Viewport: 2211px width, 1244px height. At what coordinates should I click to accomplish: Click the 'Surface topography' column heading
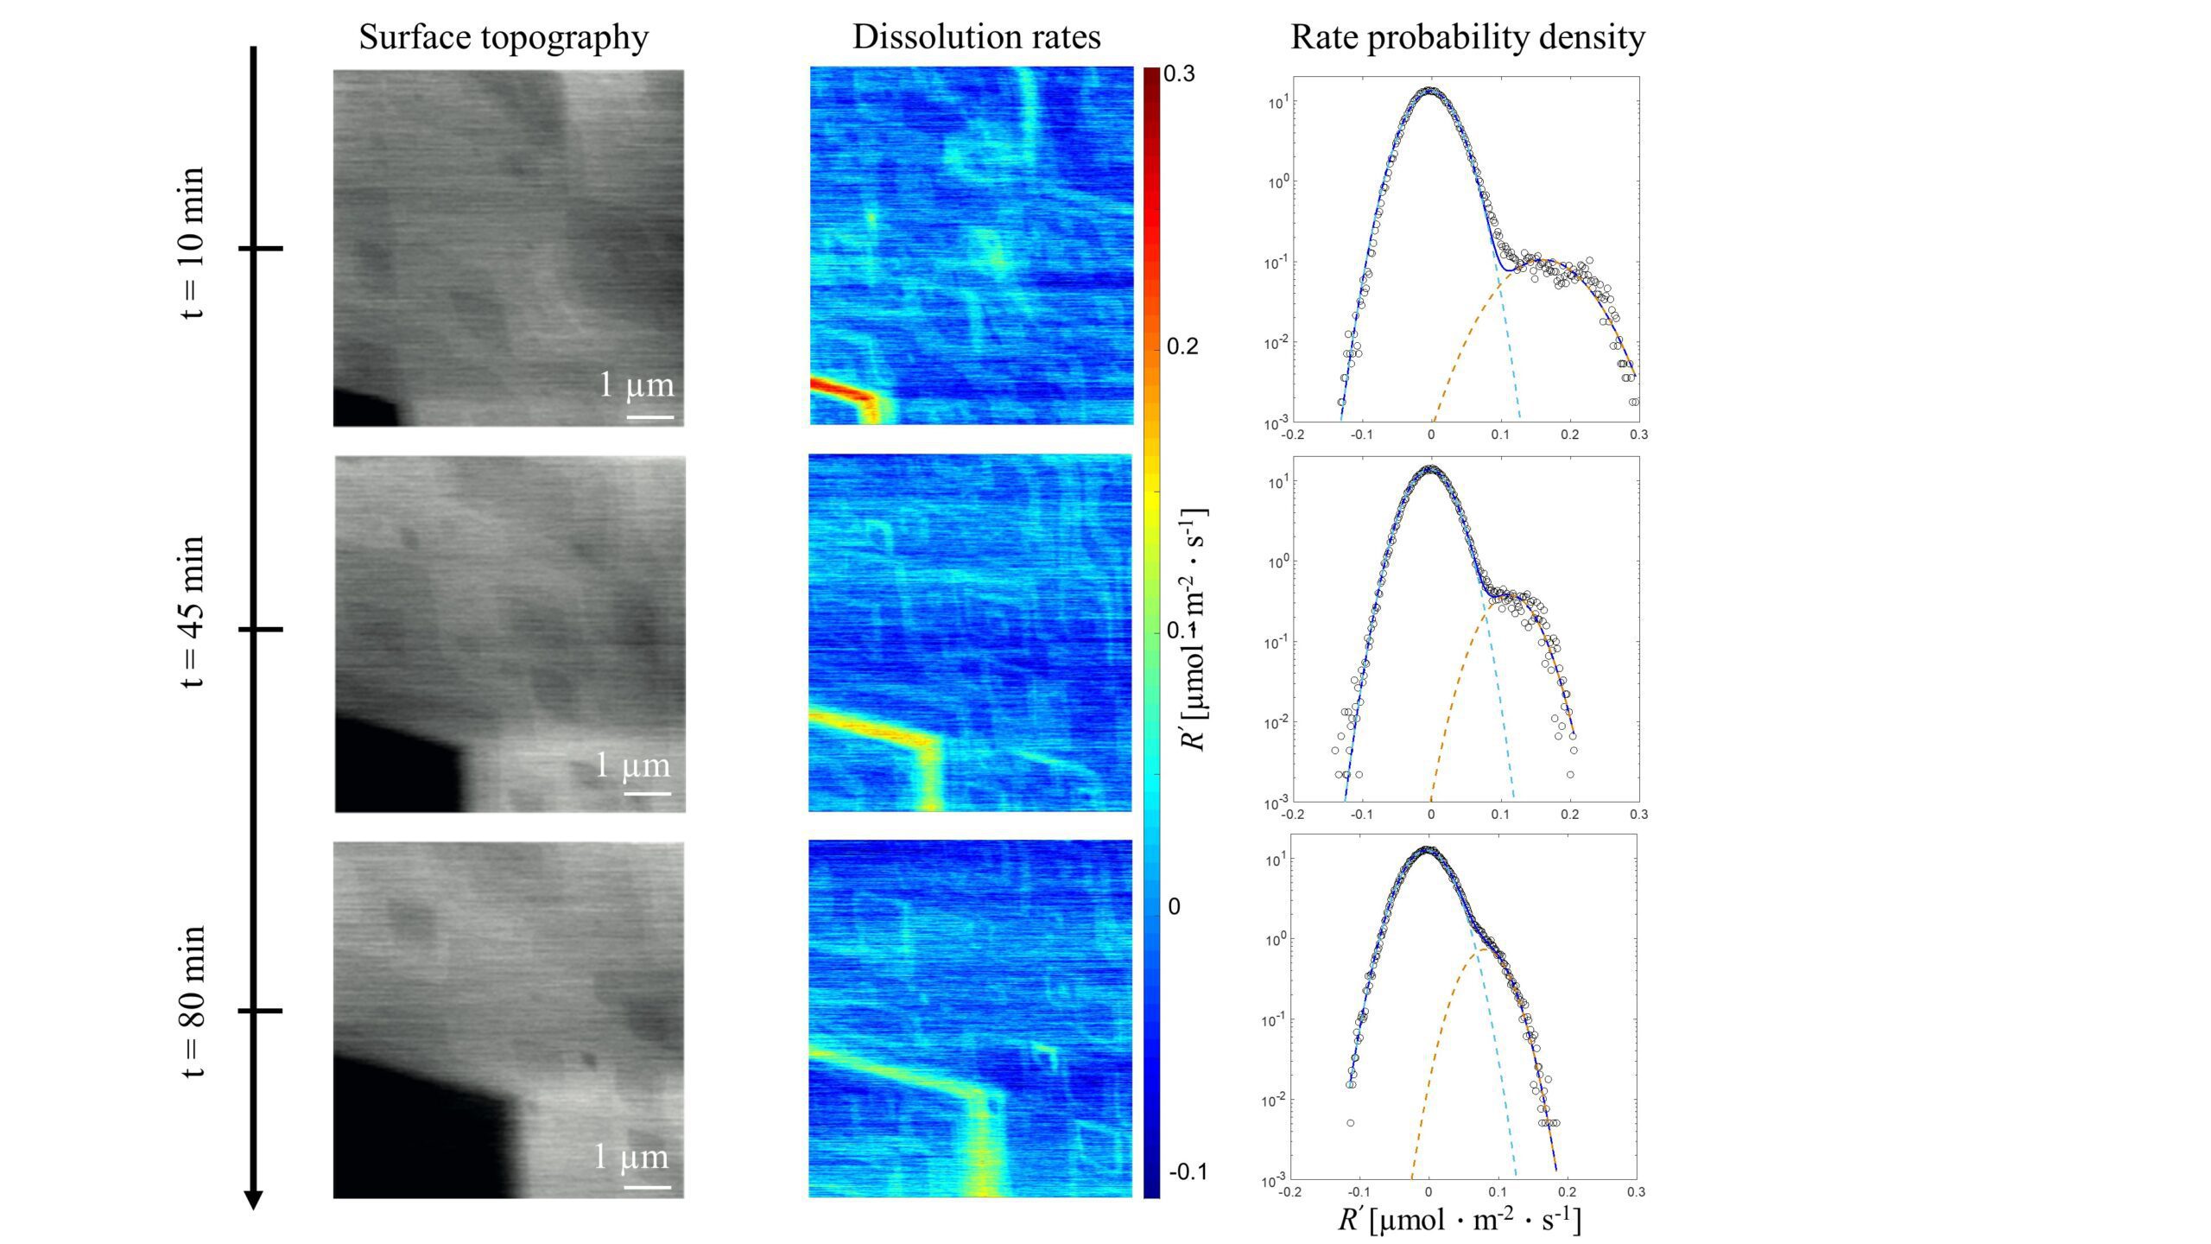[504, 37]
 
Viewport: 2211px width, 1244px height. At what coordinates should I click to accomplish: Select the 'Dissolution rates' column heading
[976, 37]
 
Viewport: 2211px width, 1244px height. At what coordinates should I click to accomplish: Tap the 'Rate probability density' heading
[1467, 37]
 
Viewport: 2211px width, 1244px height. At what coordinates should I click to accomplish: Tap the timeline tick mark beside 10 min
[260, 249]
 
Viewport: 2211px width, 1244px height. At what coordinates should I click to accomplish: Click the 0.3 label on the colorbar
[1180, 74]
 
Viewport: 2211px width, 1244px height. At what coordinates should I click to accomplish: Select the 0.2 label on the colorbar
[1182, 346]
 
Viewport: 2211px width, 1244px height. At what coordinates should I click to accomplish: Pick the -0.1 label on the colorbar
[1187, 1172]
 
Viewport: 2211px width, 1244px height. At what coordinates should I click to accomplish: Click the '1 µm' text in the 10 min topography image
[637, 385]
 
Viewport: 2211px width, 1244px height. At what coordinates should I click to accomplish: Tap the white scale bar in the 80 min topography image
[647, 1186]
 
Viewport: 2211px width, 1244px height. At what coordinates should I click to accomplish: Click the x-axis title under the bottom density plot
[1459, 1220]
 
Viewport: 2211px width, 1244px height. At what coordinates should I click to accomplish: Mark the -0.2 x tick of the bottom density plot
[1289, 1192]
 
